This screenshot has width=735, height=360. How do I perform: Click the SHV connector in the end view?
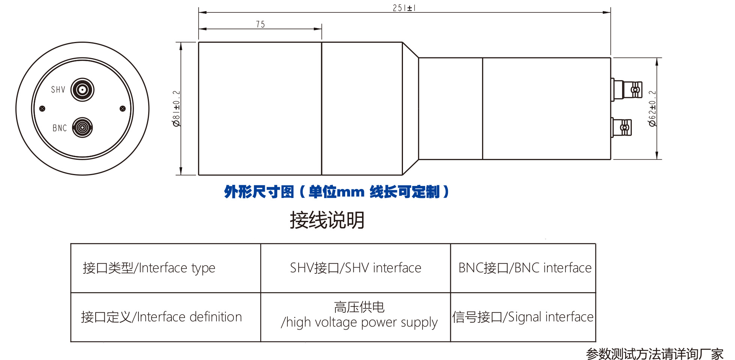[82, 90]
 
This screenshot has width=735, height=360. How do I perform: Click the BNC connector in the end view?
[82, 127]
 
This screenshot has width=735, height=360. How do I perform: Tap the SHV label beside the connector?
[58, 90]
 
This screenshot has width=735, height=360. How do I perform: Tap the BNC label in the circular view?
[60, 128]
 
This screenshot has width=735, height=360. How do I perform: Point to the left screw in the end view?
[42, 109]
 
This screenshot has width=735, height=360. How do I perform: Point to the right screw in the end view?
[122, 109]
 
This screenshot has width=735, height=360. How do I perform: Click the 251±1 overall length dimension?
[404, 8]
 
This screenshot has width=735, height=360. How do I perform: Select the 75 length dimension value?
[260, 24]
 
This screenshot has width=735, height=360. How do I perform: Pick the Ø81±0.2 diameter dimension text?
[176, 108]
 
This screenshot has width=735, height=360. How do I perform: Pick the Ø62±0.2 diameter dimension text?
[652, 108]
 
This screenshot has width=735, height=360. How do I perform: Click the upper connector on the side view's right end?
[627, 90]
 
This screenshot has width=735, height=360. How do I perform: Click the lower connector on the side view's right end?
[622, 127]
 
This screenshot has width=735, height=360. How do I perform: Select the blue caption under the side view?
[336, 192]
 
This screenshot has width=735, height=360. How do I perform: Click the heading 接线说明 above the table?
[327, 220]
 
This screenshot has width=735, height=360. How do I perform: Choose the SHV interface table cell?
[355, 268]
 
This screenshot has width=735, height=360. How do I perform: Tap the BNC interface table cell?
[525, 268]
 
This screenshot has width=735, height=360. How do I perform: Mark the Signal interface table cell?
[523, 317]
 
